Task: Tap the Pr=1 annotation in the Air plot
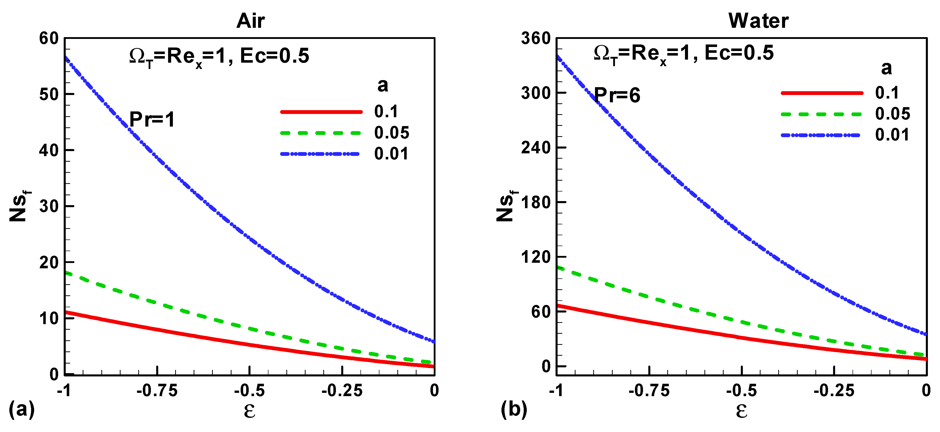click(x=152, y=119)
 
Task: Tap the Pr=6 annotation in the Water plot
click(x=617, y=95)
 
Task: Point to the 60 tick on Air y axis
click(x=49, y=38)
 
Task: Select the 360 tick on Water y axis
click(x=536, y=38)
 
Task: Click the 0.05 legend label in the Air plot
click(x=392, y=132)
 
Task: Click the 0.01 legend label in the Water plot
click(x=892, y=135)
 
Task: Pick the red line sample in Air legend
click(x=321, y=112)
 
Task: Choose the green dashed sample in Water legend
click(x=821, y=114)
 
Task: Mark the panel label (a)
click(x=21, y=409)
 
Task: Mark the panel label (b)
click(x=514, y=409)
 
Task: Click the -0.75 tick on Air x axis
click(x=157, y=391)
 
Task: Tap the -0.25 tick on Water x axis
click(x=834, y=391)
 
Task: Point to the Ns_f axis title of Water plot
click(x=507, y=206)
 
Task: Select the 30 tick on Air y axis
click(x=49, y=206)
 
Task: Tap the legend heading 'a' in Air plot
click(x=382, y=85)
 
